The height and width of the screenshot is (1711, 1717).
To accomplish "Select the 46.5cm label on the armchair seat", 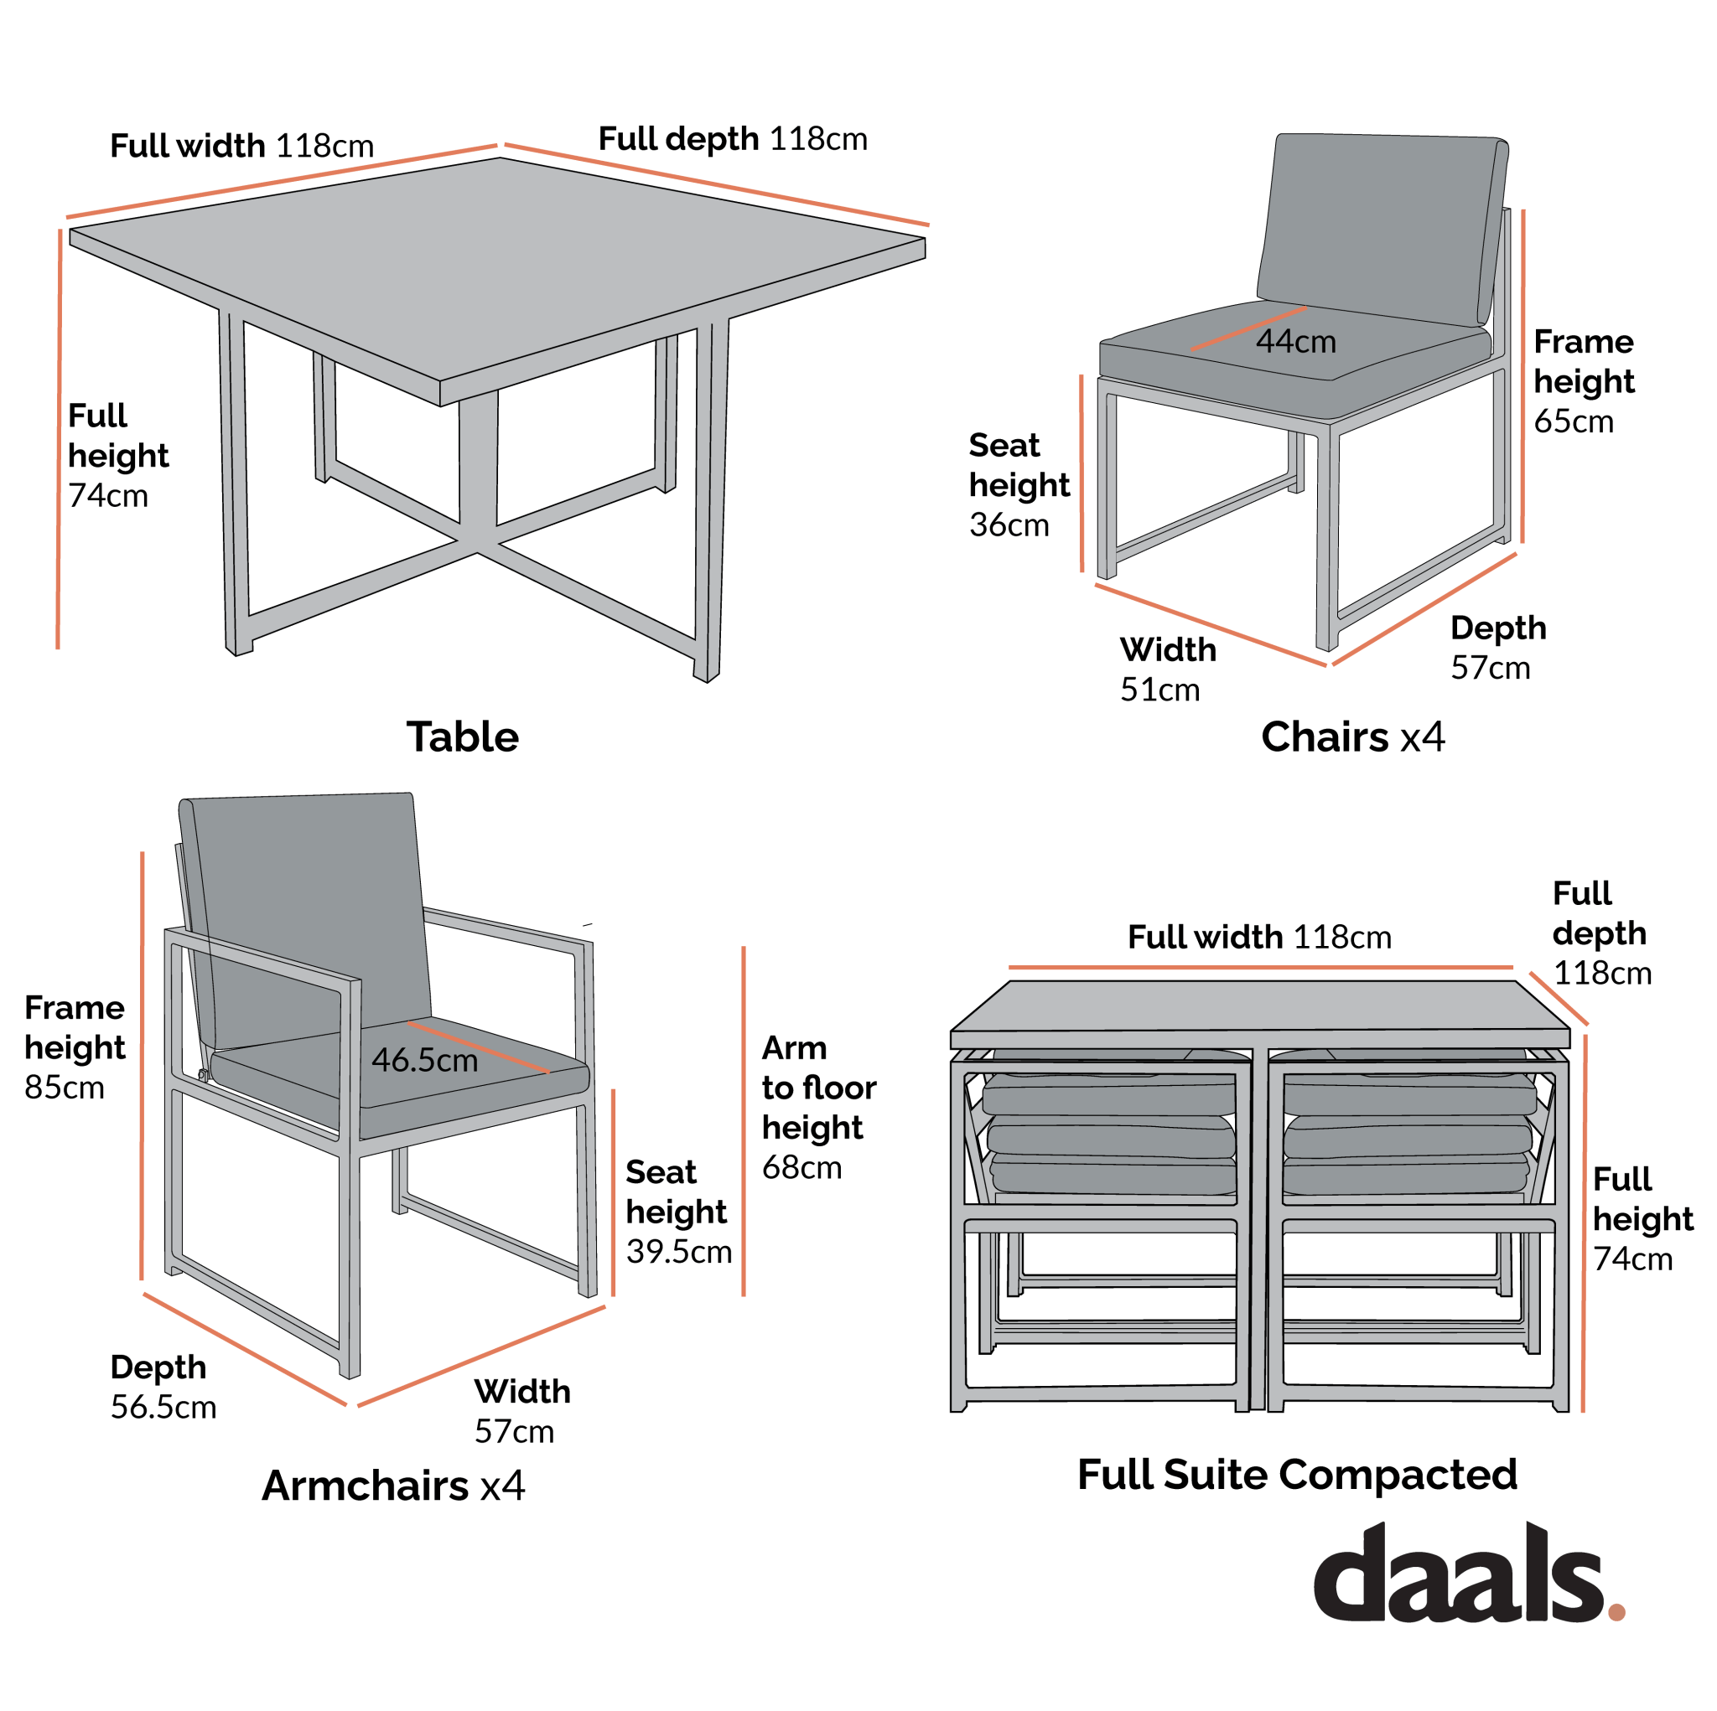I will (424, 1060).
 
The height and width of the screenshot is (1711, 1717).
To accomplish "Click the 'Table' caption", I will (462, 737).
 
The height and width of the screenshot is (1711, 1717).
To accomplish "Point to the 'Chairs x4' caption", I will (1352, 737).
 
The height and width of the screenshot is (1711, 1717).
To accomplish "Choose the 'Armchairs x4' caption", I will (393, 1486).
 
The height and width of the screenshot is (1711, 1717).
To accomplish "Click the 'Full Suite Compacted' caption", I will (1297, 1475).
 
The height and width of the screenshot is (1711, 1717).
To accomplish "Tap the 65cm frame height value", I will (1573, 421).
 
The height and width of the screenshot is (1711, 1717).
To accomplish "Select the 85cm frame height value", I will (64, 1088).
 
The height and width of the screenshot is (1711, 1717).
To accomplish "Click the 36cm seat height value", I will (1009, 525).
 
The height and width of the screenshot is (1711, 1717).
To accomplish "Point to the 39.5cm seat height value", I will (678, 1252).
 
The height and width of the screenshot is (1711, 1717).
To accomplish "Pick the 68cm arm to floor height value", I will (801, 1167).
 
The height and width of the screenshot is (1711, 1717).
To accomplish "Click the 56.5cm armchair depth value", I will (163, 1407).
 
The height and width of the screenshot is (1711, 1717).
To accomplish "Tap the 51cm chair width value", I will (1159, 690).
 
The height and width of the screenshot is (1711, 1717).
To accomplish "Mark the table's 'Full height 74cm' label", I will (117, 456).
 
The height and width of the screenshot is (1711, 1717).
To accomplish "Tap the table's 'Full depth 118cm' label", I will (732, 139).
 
